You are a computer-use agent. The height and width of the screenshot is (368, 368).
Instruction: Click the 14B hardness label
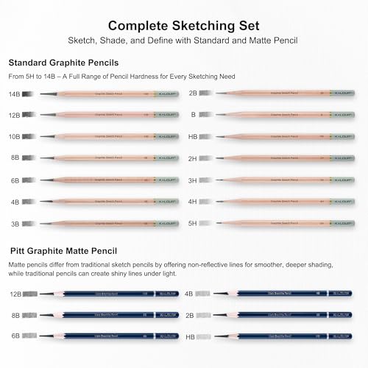(x=15, y=94)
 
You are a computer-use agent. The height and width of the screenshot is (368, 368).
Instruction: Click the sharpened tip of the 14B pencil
(x=42, y=94)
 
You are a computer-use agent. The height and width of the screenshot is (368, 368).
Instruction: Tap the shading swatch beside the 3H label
(x=208, y=180)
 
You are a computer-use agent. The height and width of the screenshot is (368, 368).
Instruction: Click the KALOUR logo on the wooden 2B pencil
(x=341, y=94)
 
